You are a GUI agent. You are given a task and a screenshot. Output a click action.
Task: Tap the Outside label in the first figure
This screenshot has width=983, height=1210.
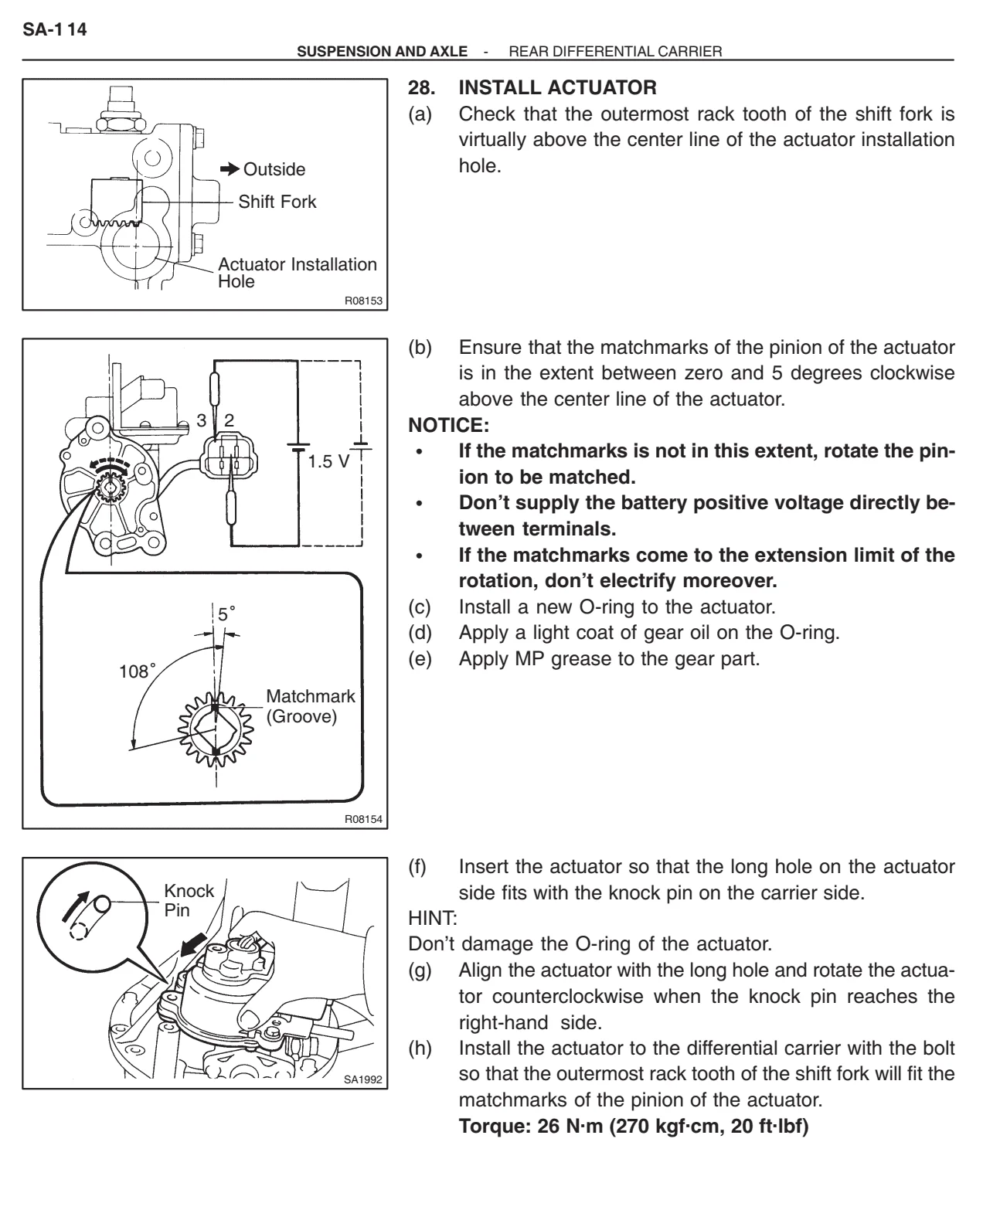(274, 169)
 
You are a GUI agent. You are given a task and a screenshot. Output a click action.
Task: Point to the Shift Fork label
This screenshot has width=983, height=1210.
(277, 202)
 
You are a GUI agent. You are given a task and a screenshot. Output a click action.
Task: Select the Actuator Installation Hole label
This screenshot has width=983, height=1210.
(297, 272)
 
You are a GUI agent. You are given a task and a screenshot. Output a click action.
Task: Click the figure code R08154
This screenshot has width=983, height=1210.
(363, 818)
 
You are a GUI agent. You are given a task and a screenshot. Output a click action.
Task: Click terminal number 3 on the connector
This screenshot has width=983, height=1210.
(200, 420)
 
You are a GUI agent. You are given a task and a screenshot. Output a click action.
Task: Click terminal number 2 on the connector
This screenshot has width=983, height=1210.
(228, 420)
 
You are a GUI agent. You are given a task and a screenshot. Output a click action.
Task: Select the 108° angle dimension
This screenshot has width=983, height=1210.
(136, 671)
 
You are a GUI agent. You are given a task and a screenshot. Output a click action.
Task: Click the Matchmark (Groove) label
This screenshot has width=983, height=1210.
(310, 705)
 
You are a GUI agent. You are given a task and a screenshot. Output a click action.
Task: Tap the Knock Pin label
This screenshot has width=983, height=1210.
(189, 900)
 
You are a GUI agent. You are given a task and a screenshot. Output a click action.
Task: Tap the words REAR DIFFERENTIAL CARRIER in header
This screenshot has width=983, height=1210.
(614, 51)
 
